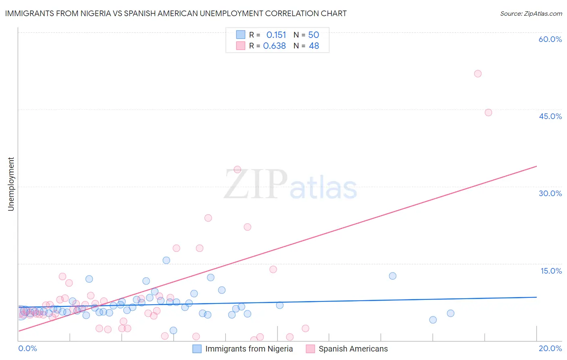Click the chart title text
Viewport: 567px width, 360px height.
pos(176,13)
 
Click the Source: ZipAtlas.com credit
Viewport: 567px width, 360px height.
pos(531,13)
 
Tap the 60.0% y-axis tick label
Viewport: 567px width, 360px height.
pos(550,39)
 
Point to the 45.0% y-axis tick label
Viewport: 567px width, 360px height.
pos(550,116)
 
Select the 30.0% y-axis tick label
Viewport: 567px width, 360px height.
pos(550,193)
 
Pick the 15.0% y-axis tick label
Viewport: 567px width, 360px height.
pos(551,271)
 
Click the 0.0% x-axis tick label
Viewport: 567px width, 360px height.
pos(27,348)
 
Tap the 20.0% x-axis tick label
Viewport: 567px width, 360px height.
pos(550,348)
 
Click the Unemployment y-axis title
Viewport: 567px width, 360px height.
pos(11,184)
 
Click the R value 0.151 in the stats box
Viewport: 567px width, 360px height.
pos(276,35)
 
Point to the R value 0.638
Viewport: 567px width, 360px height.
pos(275,46)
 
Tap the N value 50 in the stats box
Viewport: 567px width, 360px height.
pos(314,35)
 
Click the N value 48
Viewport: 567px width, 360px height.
pos(314,46)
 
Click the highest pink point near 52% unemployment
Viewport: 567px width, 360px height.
pos(478,73)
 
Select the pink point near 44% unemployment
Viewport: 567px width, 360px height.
pos(488,113)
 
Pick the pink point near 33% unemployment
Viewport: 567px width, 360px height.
pos(238,170)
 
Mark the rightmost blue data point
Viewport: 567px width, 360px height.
pos(450,313)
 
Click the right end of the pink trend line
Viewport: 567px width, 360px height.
pos(536,166)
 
